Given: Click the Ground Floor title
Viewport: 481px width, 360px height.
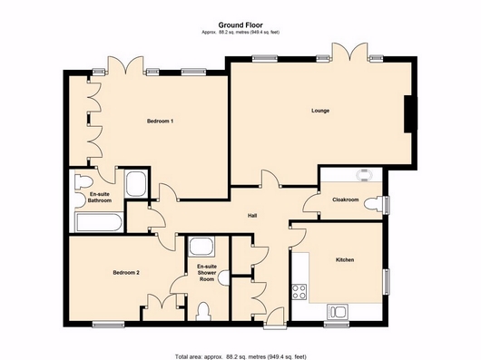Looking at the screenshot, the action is click(240, 24).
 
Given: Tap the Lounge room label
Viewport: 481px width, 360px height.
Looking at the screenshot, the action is click(320, 111).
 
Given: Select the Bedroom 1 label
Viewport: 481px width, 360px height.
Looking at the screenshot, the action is click(160, 121).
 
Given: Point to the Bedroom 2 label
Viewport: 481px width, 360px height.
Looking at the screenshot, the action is click(126, 272).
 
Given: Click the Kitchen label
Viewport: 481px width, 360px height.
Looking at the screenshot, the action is click(345, 260).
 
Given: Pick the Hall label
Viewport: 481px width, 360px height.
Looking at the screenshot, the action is click(252, 216).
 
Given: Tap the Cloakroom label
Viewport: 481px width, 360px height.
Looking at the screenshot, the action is click(346, 199).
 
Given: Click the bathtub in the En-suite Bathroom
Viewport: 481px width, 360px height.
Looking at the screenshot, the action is click(100, 223).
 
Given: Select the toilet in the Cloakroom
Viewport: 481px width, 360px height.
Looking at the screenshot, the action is click(374, 204).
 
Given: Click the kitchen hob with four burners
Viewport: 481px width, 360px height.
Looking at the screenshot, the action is click(299, 291).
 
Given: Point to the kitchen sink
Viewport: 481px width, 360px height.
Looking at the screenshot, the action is click(337, 312).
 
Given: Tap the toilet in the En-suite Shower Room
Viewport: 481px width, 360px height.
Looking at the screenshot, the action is click(203, 311).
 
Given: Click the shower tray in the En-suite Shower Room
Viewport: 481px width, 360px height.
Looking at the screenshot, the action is click(201, 246).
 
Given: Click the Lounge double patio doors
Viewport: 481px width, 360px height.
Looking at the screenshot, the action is click(349, 52).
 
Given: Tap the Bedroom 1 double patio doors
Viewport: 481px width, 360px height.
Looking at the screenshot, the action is click(125, 65).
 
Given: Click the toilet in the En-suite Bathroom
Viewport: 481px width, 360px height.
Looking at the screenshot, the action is click(83, 181).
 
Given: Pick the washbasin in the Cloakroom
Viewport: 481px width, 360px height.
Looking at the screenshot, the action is click(365, 176).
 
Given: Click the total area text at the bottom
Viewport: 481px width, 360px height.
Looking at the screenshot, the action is click(240, 356).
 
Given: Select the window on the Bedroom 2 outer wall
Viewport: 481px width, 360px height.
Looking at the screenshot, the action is click(108, 325).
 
